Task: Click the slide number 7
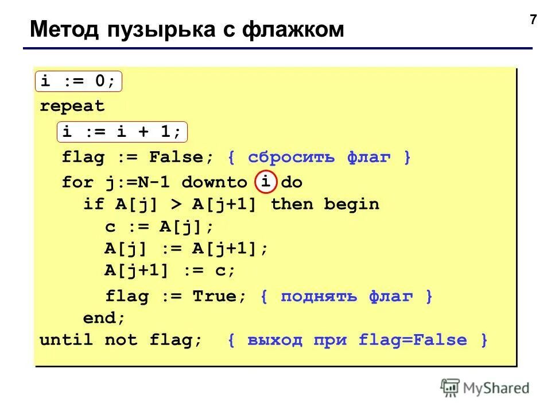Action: (533, 20)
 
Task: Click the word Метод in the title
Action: (63, 30)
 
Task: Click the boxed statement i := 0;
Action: (79, 82)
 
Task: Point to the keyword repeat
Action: (72, 106)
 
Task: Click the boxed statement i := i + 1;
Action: (122, 132)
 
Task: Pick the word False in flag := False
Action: (176, 158)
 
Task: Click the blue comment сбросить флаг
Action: (319, 158)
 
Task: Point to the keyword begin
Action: (351, 204)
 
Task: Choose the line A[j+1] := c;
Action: (170, 270)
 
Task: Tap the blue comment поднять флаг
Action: (346, 297)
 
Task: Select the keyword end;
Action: (104, 317)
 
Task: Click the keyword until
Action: (66, 340)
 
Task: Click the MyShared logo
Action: (484, 388)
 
